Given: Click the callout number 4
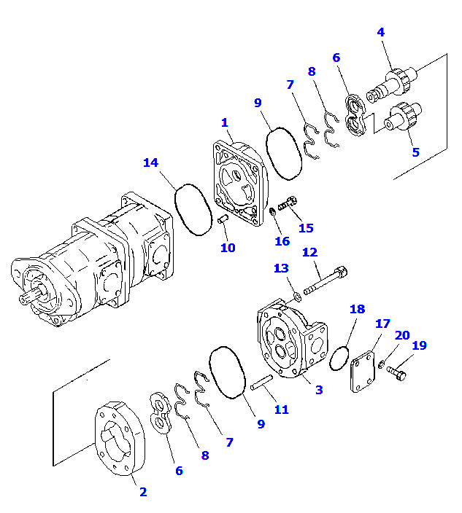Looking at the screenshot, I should point(380,32).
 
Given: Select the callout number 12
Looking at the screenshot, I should point(310,252).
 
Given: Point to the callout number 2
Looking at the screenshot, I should point(143,492).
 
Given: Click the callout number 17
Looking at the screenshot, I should point(382,323).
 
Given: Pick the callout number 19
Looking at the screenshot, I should point(418,346).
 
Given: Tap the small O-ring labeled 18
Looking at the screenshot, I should point(339,358).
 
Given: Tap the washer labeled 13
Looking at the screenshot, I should point(297,295).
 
